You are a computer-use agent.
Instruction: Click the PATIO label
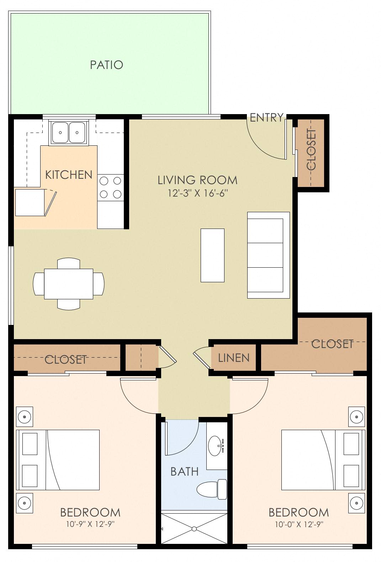(x=106, y=65)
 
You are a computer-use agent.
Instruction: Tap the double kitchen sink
(x=69, y=132)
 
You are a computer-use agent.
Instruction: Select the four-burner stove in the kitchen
(x=110, y=187)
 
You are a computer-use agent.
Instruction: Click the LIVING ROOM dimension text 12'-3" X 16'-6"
(x=197, y=193)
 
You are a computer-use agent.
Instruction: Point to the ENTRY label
(x=266, y=117)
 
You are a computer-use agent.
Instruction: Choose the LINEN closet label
(x=234, y=358)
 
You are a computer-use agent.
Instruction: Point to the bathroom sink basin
(x=216, y=445)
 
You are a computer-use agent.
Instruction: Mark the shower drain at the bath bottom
(x=194, y=529)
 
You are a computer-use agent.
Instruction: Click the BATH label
(x=184, y=471)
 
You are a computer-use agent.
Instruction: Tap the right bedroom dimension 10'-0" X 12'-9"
(x=298, y=524)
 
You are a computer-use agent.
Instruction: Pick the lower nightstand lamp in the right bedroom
(x=356, y=503)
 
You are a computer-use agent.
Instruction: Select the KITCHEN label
(x=69, y=175)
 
